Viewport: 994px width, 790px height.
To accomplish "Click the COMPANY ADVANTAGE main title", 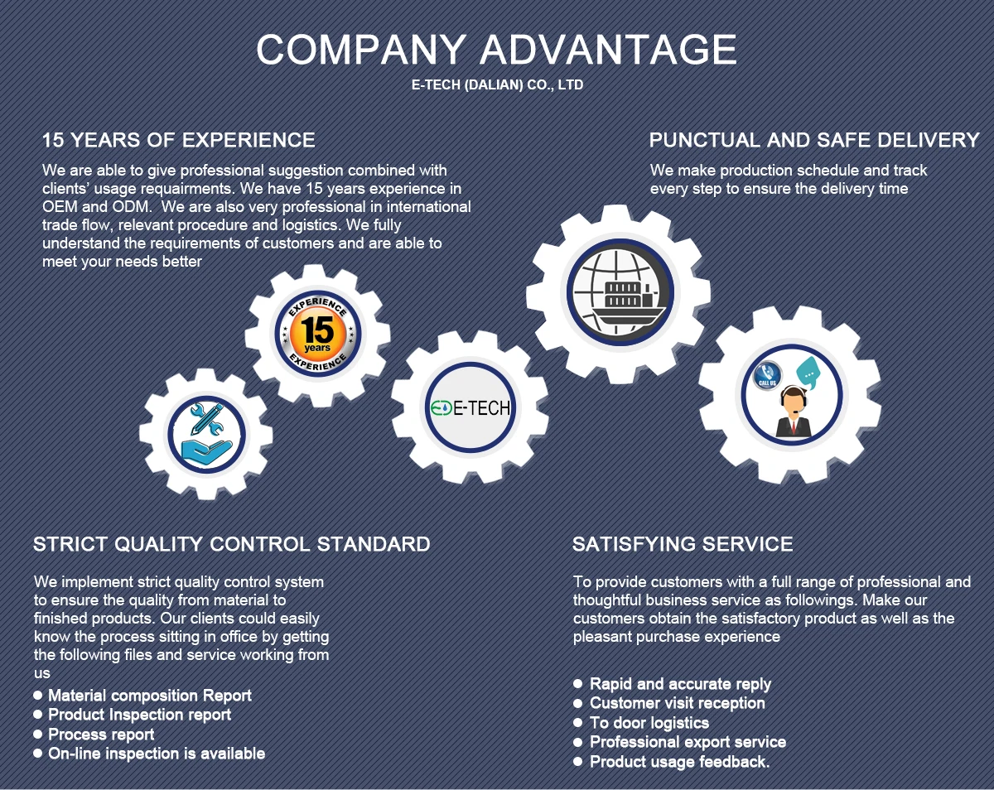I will (x=496, y=50).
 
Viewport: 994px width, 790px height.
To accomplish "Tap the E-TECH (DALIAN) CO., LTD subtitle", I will (x=497, y=85).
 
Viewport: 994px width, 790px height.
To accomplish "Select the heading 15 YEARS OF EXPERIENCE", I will (x=179, y=140).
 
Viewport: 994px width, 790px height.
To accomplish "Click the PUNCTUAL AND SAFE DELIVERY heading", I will (x=814, y=140).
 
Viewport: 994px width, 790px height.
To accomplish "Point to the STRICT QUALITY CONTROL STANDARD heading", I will (x=232, y=544).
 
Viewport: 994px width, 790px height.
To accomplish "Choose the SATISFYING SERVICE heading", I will (x=683, y=544).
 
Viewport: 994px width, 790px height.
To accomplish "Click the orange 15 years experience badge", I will (x=317, y=333).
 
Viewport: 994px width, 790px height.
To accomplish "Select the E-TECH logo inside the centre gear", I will (x=470, y=407).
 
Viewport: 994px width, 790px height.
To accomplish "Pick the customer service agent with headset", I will (x=794, y=412).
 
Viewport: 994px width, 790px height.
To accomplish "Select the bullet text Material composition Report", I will (x=149, y=696).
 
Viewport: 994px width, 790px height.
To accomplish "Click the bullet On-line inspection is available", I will (x=157, y=754).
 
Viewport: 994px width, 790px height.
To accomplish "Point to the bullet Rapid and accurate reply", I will (x=680, y=684).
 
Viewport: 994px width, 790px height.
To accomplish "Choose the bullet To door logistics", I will (x=649, y=722).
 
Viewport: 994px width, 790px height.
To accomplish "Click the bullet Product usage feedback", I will (x=679, y=762).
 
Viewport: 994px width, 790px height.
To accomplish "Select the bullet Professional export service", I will (x=688, y=742).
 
